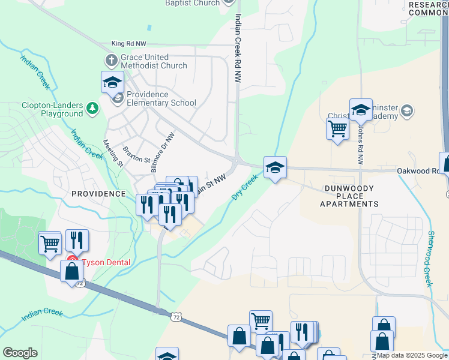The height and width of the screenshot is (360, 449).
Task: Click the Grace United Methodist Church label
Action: pyautogui.click(x=153, y=61)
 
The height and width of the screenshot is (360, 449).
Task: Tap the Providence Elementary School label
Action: pyautogui.click(x=161, y=98)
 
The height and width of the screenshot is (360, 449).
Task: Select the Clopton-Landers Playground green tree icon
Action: pyautogui.click(x=92, y=108)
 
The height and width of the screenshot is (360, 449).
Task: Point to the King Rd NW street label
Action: pyautogui.click(x=130, y=44)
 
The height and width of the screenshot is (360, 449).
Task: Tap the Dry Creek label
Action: pyautogui.click(x=245, y=188)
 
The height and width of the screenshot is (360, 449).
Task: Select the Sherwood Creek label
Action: pyautogui.click(x=430, y=258)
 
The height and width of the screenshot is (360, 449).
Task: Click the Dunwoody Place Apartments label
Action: pyautogui.click(x=349, y=196)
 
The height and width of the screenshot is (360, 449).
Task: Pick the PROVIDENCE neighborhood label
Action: pyautogui.click(x=98, y=194)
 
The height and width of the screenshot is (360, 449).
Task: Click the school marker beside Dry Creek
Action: pyautogui.click(x=275, y=167)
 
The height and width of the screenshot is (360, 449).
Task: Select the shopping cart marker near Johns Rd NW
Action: pyautogui.click(x=337, y=128)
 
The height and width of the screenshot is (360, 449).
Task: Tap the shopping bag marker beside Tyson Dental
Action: pyautogui.click(x=71, y=271)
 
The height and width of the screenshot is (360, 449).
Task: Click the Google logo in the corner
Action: pyautogui.click(x=20, y=353)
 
